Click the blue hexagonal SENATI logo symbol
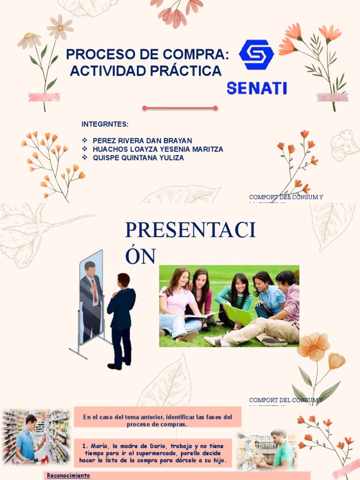click(x=256, y=55)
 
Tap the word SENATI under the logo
click(x=257, y=88)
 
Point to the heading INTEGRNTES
click(x=105, y=124)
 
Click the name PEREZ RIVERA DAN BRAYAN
click(x=142, y=141)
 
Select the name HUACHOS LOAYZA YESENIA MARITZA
click(x=158, y=149)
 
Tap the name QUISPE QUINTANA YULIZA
click(x=138, y=158)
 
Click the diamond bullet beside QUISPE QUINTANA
click(x=85, y=158)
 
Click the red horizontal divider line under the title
click(x=180, y=108)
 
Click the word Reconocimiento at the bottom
click(x=68, y=476)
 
